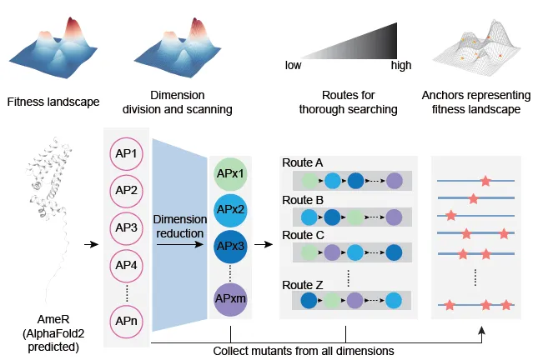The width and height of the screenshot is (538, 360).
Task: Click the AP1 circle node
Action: coord(127,153)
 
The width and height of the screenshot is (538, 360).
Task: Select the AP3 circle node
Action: coord(127,227)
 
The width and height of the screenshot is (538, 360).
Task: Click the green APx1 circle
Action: coord(230,172)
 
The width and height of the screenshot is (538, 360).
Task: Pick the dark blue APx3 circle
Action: coord(230,247)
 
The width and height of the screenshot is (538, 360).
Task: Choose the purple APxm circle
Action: coord(230,297)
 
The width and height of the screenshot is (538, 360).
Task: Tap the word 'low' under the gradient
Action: coord(294,65)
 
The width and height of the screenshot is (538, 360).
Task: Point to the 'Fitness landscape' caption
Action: coord(53,102)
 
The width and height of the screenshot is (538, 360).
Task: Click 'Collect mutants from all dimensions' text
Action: coord(304,351)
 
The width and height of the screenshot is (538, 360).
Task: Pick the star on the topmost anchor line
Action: coord(485,180)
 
